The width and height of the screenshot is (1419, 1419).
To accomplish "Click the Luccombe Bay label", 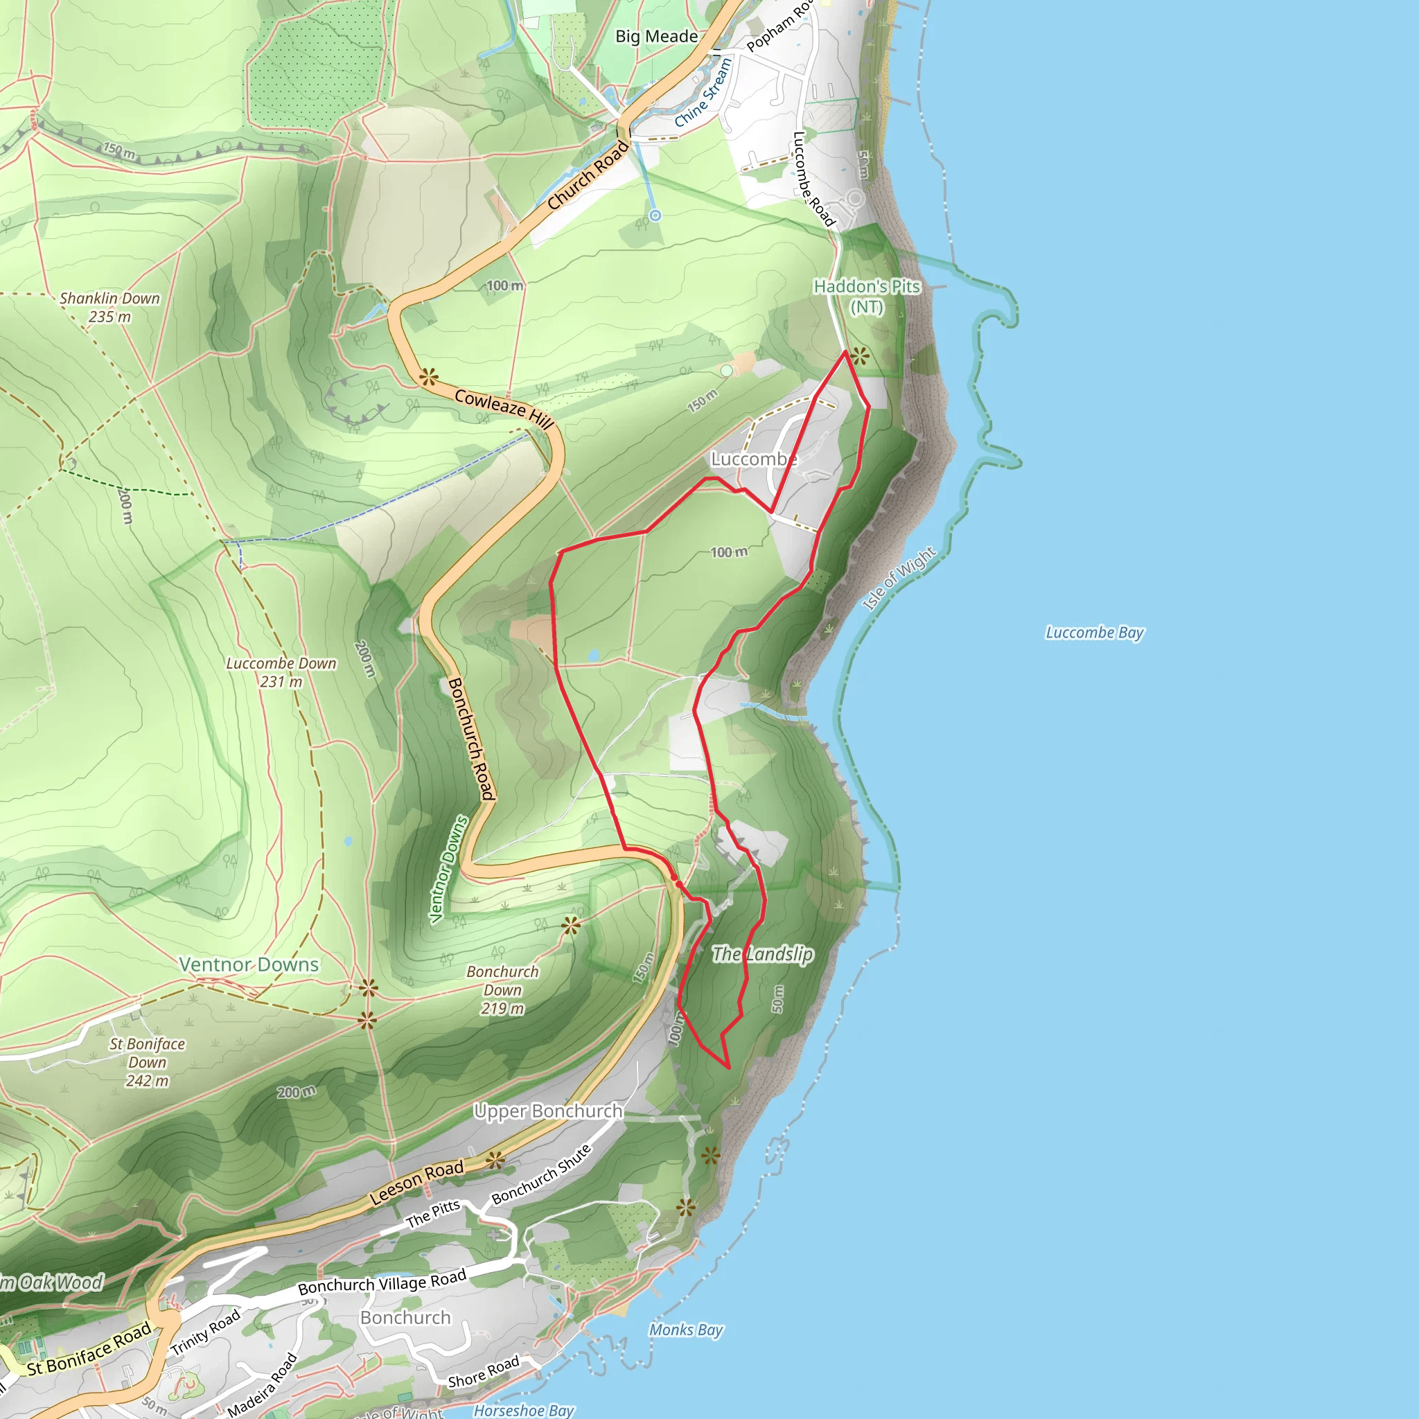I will point(1094,633).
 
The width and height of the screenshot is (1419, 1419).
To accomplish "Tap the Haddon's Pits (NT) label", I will point(867,296).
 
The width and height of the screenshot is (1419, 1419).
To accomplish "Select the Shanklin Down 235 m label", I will point(109,307).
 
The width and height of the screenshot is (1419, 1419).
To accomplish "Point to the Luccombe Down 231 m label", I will point(281,672).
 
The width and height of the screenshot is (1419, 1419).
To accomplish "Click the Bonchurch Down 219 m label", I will point(502,989).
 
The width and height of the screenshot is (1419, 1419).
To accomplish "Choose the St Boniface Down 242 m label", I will point(147,1062).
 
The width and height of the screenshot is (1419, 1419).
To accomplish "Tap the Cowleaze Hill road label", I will point(504,408).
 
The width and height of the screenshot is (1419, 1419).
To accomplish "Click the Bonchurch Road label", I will point(470,737).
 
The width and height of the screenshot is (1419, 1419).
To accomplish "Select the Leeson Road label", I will point(416,1183).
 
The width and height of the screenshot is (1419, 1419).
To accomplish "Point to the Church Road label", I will point(588,175).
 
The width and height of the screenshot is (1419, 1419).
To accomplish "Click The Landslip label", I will point(762,954).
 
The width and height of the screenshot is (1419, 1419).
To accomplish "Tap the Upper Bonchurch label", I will point(548,1111).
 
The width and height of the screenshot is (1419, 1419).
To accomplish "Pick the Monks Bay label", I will point(686,1330).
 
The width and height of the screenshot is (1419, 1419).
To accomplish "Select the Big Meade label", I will point(657,36).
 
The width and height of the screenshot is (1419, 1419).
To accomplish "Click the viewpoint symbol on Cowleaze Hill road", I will point(428,378).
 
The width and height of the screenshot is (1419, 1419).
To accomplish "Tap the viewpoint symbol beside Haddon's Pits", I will point(859,356).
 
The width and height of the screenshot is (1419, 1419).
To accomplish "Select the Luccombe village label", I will point(754,459).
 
